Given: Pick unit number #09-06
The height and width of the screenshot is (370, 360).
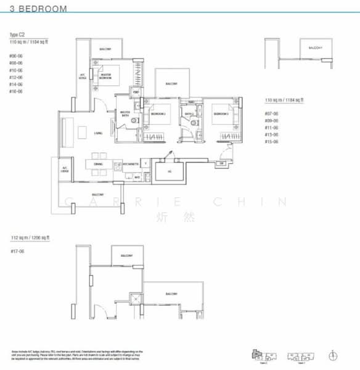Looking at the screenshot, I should (271, 121).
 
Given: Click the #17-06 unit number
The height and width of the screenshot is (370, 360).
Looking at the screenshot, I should (16, 251).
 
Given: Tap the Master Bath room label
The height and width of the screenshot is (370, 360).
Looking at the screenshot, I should (125, 113).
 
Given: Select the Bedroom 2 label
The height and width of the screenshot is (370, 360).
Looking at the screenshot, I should (160, 114).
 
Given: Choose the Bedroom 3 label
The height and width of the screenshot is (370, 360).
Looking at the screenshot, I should (220, 114).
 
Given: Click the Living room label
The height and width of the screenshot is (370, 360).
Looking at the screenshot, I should (98, 133).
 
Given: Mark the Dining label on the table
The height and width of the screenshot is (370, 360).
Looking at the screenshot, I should (98, 163).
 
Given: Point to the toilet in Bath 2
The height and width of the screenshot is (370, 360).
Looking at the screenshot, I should (193, 123).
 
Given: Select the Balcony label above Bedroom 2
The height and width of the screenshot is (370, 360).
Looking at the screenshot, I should (171, 84).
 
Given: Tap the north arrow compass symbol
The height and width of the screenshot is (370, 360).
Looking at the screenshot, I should (333, 355).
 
